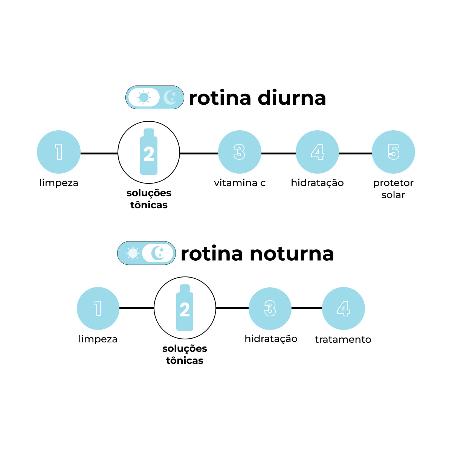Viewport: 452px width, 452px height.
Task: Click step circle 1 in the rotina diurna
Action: pyautogui.click(x=59, y=152)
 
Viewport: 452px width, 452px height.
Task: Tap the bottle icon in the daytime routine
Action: pyautogui.click(x=149, y=152)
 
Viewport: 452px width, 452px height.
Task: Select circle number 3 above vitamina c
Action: pyautogui.click(x=240, y=152)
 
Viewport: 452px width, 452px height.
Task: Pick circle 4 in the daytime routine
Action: pyautogui.click(x=317, y=152)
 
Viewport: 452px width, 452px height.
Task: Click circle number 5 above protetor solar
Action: pyautogui.click(x=393, y=152)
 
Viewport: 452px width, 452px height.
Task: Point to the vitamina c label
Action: pyautogui.click(x=240, y=183)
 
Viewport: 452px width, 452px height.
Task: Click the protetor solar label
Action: pyautogui.click(x=393, y=189)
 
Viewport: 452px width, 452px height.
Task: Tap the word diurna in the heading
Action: pyautogui.click(x=292, y=98)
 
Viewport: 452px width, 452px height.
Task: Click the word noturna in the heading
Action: pyautogui.click(x=292, y=254)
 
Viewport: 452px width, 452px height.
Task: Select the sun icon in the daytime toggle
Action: pyautogui.click(x=144, y=97)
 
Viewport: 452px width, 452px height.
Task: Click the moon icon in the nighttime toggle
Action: pyautogui.click(x=158, y=253)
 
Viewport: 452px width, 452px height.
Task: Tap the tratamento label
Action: pyautogui.click(x=343, y=339)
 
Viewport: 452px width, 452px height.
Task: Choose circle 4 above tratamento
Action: pyautogui.click(x=343, y=308)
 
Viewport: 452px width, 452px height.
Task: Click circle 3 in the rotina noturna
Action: pyautogui.click(x=270, y=308)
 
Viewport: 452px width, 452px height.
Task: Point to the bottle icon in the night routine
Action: pyautogui.click(x=185, y=308)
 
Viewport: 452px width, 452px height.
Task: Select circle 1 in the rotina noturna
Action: pyautogui.click(x=98, y=308)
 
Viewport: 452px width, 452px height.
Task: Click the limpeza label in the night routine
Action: pyautogui.click(x=98, y=339)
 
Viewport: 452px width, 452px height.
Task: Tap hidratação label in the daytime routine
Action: pyautogui.click(x=317, y=183)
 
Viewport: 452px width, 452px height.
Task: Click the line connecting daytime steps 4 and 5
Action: pyautogui.click(x=355, y=153)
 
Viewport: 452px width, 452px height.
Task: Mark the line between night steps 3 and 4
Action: pyautogui.click(x=307, y=308)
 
